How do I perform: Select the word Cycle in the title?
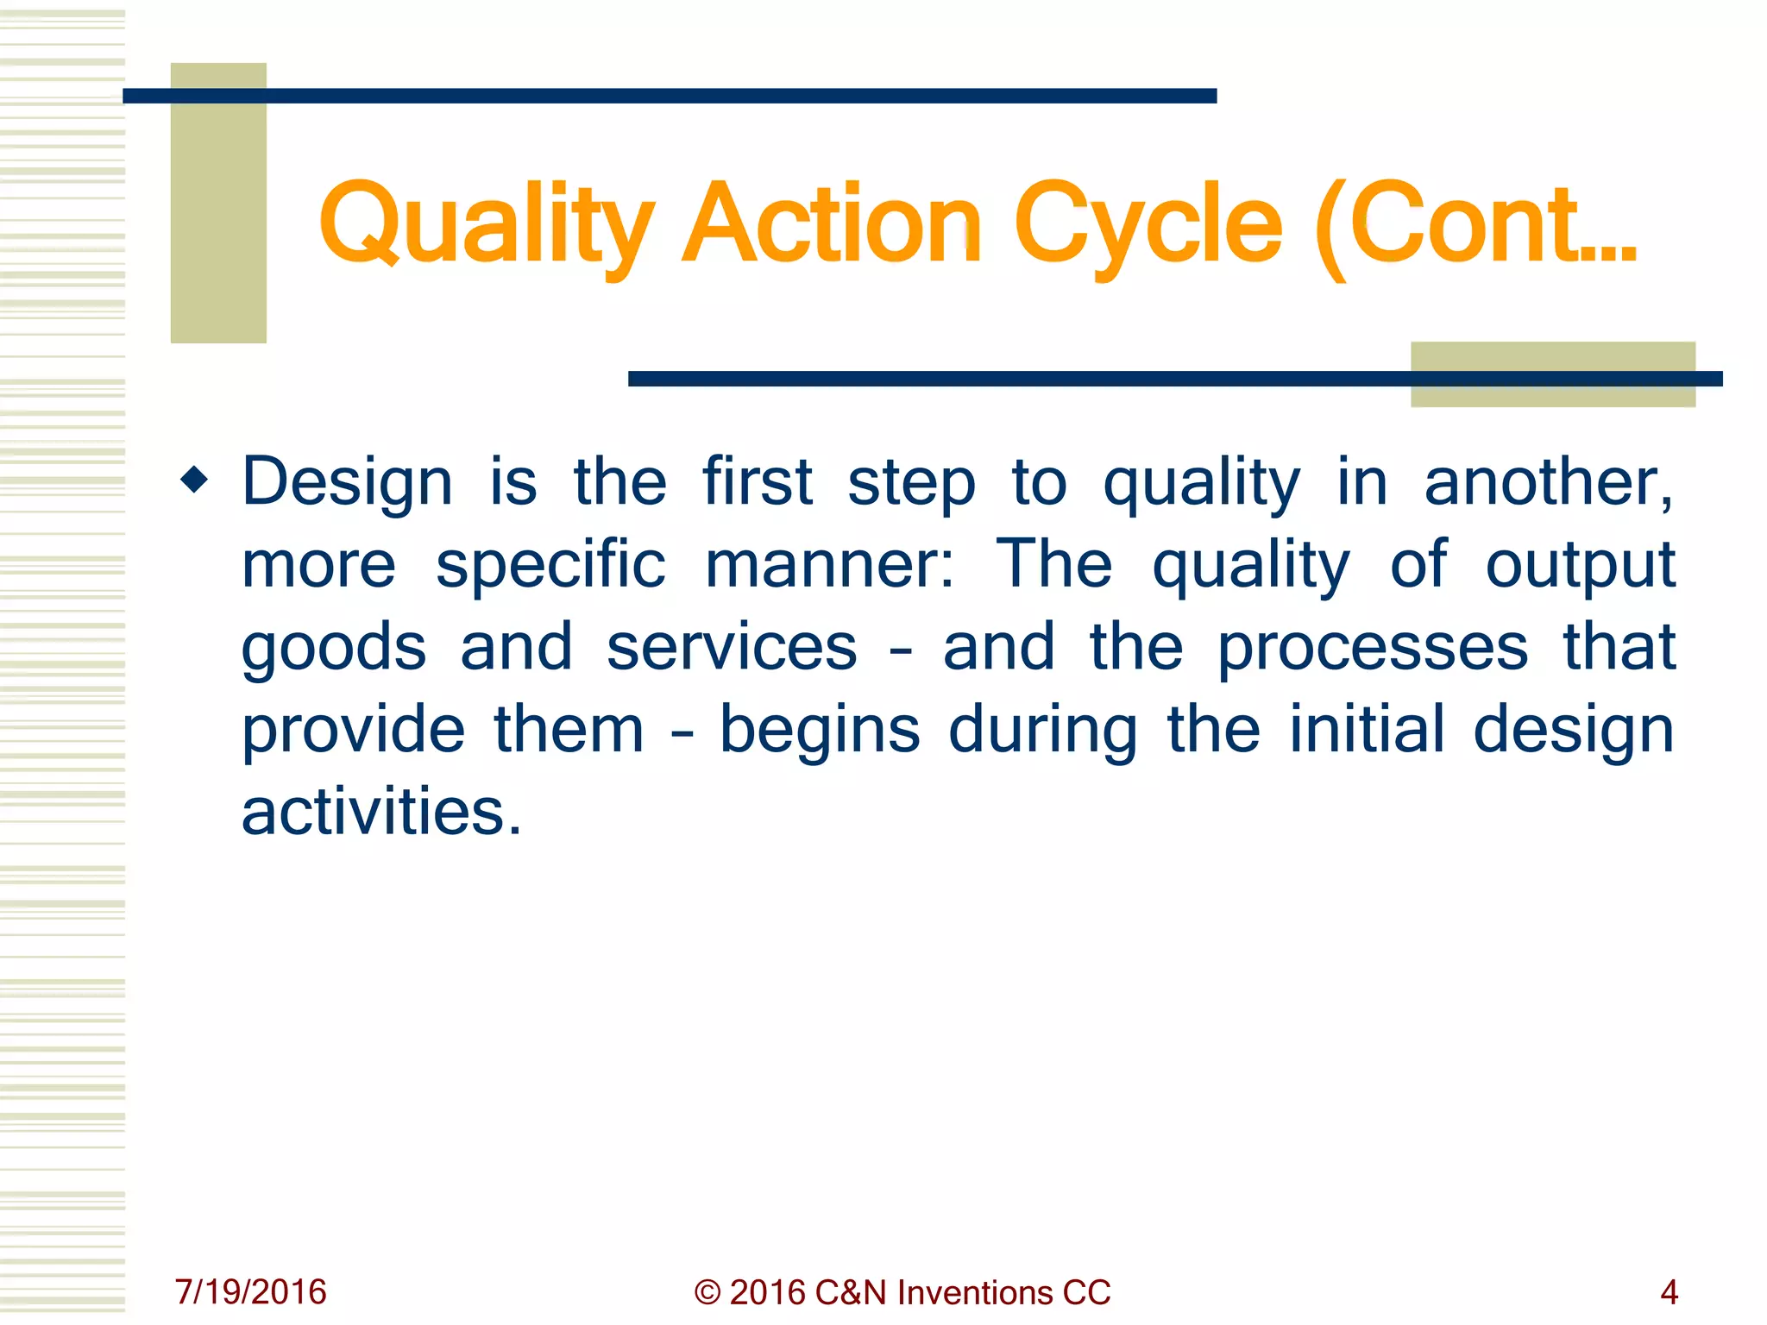click(1148, 226)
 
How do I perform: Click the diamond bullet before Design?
click(195, 479)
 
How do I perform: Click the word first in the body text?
click(757, 481)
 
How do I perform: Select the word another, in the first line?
click(1549, 481)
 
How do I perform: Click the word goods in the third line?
click(334, 650)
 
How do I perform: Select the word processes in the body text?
click(1373, 650)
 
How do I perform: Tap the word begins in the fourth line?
click(820, 732)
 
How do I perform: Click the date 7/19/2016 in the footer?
click(250, 1292)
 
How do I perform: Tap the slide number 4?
click(1669, 1292)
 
